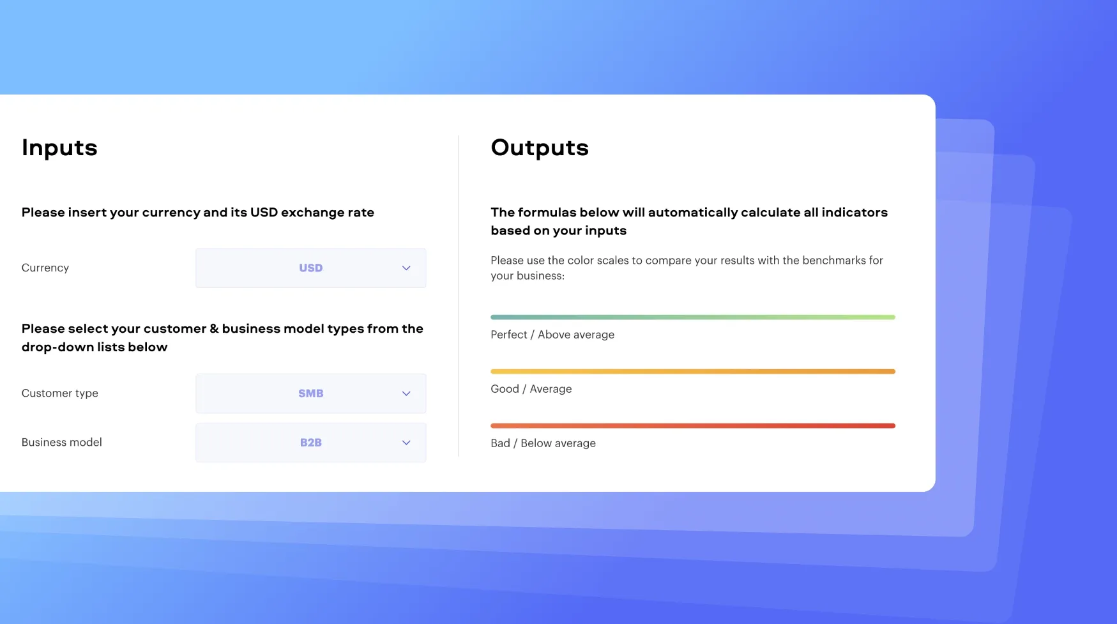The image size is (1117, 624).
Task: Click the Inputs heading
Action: click(x=59, y=148)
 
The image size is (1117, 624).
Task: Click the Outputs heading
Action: click(x=540, y=148)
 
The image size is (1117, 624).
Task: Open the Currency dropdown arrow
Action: click(x=406, y=268)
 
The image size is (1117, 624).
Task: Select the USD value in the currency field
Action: click(x=311, y=268)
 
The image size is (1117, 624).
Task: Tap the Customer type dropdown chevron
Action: click(x=406, y=393)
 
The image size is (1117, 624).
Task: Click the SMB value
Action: click(x=311, y=393)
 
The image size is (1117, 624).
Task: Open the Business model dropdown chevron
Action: click(x=406, y=443)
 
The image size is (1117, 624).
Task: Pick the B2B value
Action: click(x=311, y=443)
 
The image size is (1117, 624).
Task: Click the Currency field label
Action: click(x=45, y=268)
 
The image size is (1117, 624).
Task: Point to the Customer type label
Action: click(x=60, y=393)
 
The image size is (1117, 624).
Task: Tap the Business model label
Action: click(x=62, y=442)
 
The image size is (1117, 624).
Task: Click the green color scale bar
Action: click(x=693, y=317)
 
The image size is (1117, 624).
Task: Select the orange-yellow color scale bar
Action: click(x=693, y=371)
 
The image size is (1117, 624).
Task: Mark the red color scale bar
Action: click(x=693, y=425)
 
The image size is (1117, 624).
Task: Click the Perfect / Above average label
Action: click(x=552, y=335)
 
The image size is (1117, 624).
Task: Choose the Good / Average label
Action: click(x=531, y=389)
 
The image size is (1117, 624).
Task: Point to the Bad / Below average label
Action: click(x=543, y=443)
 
